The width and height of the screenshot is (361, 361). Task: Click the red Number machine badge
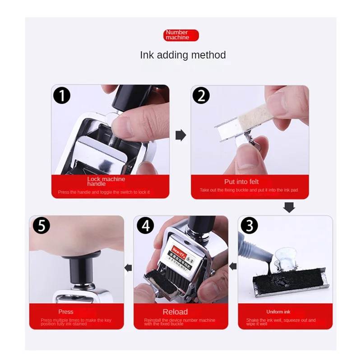[181, 35]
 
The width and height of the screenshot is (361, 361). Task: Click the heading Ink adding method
[183, 55]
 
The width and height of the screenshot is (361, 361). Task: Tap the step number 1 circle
[62, 95]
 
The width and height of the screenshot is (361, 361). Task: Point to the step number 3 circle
[249, 226]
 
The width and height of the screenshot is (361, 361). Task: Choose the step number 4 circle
[145, 226]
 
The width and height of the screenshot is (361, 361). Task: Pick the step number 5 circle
[41, 226]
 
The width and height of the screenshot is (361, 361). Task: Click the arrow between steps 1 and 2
[180, 135]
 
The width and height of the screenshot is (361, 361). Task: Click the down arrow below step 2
[289, 207]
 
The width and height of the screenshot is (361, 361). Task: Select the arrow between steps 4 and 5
[129, 267]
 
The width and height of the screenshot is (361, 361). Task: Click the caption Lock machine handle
[106, 181]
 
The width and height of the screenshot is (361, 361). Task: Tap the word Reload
[175, 312]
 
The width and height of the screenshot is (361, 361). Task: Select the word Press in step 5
[66, 312]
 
